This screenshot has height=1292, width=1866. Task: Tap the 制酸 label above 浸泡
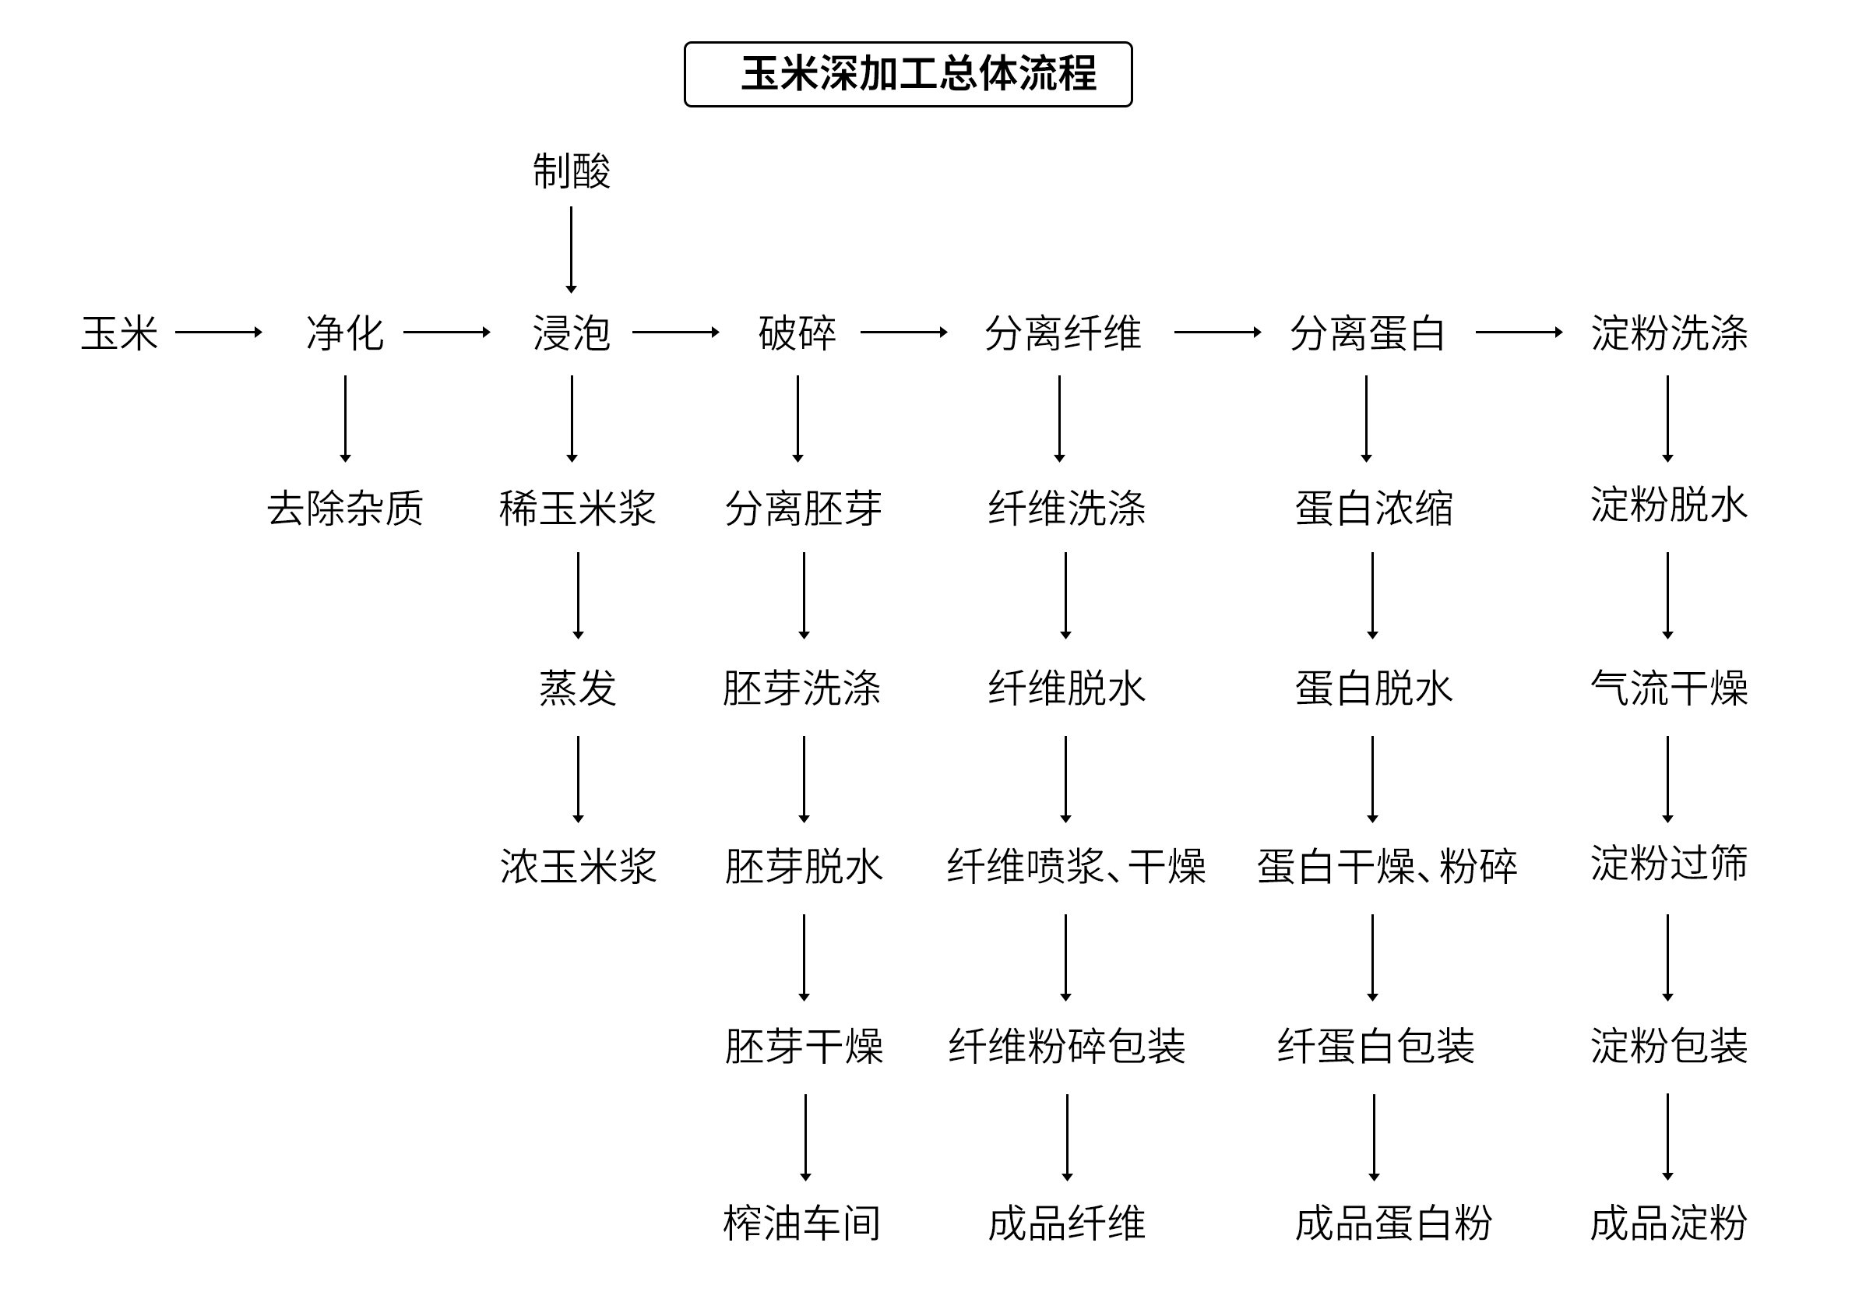coord(571,171)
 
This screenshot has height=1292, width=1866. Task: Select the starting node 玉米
coord(120,333)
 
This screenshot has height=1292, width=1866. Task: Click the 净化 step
coord(345,333)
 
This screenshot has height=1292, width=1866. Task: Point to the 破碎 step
coord(797,333)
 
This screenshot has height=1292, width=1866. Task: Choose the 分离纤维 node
coord(1062,333)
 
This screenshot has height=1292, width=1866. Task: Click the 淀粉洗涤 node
coord(1668,333)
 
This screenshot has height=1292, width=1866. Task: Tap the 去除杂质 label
coord(345,509)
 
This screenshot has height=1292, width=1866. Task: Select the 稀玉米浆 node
coord(577,509)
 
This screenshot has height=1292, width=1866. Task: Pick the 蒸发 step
coord(577,688)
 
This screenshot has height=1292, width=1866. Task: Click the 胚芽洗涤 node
coord(802,688)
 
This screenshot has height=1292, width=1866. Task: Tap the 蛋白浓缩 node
coord(1373,509)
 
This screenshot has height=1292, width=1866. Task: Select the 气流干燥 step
coord(1668,688)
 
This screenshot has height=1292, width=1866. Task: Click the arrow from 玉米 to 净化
coord(219,332)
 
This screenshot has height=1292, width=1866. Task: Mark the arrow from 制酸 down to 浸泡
coord(571,249)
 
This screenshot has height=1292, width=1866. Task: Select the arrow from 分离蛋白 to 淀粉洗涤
coord(1519,332)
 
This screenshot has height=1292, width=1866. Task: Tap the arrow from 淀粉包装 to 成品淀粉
coord(1667,1136)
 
